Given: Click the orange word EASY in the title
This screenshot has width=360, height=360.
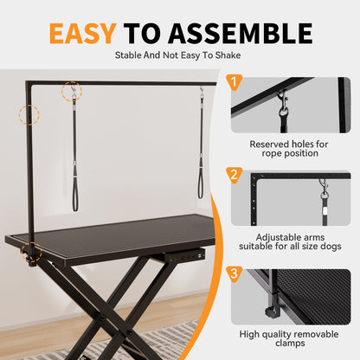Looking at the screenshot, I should pyautogui.click(x=81, y=33).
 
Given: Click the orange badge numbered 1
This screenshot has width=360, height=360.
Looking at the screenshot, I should pyautogui.click(x=234, y=82).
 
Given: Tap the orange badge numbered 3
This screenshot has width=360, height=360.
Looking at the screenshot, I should pyautogui.click(x=234, y=274).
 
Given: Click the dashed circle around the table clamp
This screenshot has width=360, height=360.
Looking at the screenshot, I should pyautogui.click(x=33, y=252).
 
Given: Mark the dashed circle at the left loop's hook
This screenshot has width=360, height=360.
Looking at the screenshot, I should pyautogui.click(x=73, y=91).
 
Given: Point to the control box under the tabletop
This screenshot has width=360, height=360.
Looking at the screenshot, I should pyautogui.click(x=187, y=256).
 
